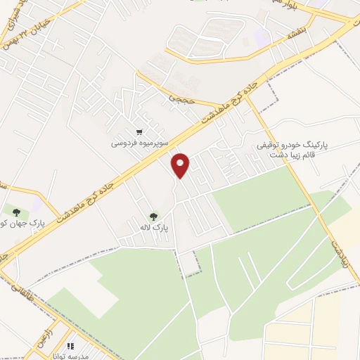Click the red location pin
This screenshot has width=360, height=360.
[181, 165]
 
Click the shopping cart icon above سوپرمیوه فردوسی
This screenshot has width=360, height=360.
[140, 131]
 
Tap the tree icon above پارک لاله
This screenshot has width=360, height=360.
[153, 215]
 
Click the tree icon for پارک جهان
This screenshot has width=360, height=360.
[15, 210]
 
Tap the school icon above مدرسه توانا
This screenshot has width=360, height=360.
[70, 346]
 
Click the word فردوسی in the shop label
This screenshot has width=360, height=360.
[123, 143]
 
